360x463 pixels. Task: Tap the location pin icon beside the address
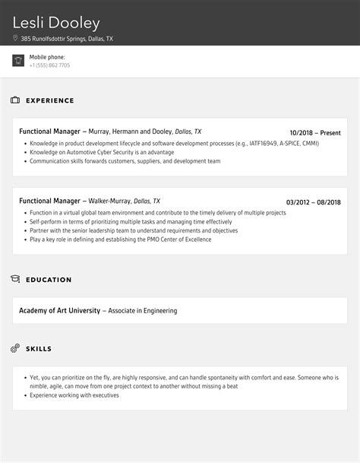[x=16, y=38]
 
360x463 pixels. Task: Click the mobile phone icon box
[x=18, y=61]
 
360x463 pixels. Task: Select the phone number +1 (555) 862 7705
[x=50, y=65]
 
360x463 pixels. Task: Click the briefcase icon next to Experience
[x=15, y=100]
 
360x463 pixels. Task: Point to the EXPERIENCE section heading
[x=50, y=100]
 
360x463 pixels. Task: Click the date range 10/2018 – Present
[x=315, y=132]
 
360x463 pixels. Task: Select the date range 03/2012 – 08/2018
[x=313, y=201]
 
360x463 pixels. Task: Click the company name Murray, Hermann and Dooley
[x=134, y=132]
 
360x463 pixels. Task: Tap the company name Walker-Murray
[x=109, y=201]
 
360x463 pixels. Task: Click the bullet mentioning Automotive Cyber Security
[x=102, y=152]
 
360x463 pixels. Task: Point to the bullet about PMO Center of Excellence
[x=120, y=239]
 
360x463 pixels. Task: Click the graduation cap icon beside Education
[x=15, y=280]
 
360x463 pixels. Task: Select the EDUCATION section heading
[x=49, y=280]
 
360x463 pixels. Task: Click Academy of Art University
[x=60, y=310]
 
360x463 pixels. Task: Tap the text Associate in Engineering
[x=143, y=310]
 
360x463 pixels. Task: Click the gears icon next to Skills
[x=15, y=348]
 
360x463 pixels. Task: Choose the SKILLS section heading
[x=39, y=349]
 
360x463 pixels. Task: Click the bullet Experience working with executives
[x=71, y=395]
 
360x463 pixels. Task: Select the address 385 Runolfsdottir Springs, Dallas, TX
[x=67, y=38]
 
